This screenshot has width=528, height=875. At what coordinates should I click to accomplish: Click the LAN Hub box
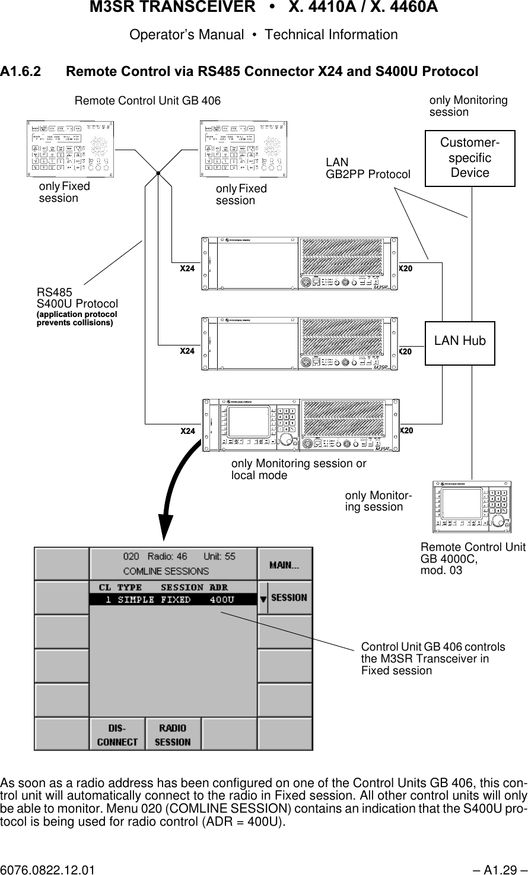pyautogui.click(x=460, y=341)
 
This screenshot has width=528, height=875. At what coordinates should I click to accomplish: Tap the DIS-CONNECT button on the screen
pyautogui.click(x=117, y=734)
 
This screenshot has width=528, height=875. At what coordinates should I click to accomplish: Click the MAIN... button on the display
pyautogui.click(x=284, y=565)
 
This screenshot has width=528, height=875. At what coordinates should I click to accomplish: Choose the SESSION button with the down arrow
pyautogui.click(x=285, y=598)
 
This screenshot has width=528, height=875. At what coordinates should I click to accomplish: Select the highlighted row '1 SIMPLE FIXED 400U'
pyautogui.click(x=172, y=600)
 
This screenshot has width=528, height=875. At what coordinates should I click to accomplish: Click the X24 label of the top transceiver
pyautogui.click(x=187, y=268)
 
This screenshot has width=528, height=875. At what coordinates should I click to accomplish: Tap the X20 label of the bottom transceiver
pyautogui.click(x=406, y=430)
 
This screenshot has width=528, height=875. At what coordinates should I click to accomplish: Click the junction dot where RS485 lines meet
pyautogui.click(x=159, y=172)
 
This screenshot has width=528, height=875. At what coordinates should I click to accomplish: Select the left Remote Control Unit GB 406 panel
pyautogui.click(x=71, y=149)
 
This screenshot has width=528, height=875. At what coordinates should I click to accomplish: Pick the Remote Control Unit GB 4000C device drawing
pyautogui.click(x=472, y=506)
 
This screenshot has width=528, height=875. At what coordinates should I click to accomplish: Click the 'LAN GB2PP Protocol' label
pyautogui.click(x=368, y=169)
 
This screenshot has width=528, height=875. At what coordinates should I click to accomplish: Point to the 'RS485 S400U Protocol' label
pyautogui.click(x=77, y=299)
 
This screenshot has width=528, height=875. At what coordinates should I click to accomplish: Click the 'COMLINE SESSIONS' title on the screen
pyautogui.click(x=166, y=571)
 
